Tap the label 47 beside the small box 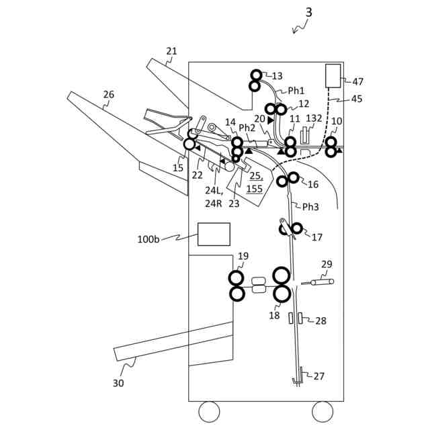coord(357,81)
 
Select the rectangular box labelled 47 coord(333,75)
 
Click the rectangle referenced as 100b coord(214,234)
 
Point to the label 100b coord(148,239)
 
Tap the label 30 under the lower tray coord(118,383)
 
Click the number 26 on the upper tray coord(108,95)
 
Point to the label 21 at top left coord(172,51)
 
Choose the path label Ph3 coord(310,207)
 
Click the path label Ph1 coord(296,90)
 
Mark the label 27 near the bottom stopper coord(319,376)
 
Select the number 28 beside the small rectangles coord(321,321)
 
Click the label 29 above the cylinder coord(327,265)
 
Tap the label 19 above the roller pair coord(243,256)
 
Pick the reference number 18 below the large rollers coord(274,315)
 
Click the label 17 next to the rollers coord(317,236)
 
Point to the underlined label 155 coord(254,189)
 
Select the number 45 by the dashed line coord(357,99)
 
